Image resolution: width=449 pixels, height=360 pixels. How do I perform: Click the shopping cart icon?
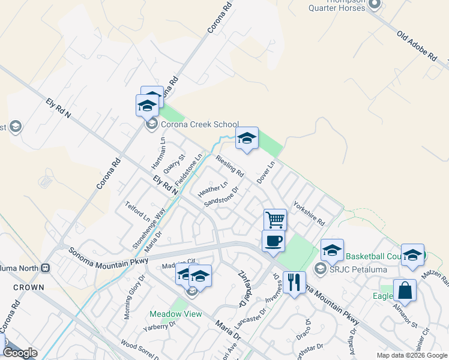[275, 220]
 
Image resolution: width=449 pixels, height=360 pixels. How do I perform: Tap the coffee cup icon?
[273, 241]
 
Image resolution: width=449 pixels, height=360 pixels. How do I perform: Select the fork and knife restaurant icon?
[294, 282]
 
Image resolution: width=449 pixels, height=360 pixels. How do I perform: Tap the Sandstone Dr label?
[221, 196]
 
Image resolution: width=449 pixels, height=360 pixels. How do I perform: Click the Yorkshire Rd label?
[309, 213]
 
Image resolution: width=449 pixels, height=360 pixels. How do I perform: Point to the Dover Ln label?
[265, 172]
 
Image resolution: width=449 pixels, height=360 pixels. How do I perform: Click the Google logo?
[20, 353]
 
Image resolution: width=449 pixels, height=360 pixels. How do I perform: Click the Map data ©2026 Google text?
[411, 355]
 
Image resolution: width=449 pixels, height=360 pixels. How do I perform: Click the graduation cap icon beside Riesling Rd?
[246, 139]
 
